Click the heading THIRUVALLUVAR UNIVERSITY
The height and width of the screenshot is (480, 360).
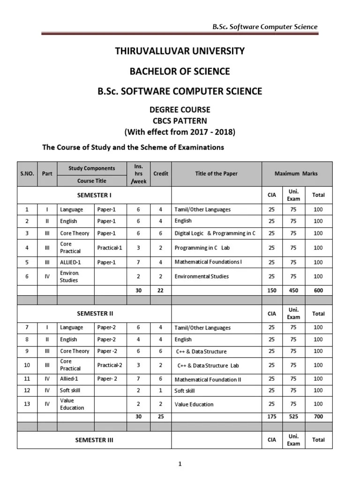pyautogui.click(x=180, y=51)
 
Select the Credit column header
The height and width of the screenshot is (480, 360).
pyautogui.click(x=161, y=173)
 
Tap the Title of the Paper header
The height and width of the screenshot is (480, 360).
pyautogui.click(x=216, y=173)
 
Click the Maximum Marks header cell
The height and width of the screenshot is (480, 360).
pyautogui.click(x=296, y=173)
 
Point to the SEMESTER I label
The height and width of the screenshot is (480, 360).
pyautogui.click(x=94, y=195)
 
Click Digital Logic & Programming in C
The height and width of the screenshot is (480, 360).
pyautogui.click(x=215, y=233)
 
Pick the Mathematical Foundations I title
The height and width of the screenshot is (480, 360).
pyautogui.click(x=208, y=262)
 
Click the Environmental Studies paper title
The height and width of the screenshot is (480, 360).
pyautogui.click(x=202, y=277)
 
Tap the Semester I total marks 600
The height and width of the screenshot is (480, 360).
pyautogui.click(x=318, y=291)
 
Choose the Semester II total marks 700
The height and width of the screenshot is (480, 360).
pyautogui.click(x=318, y=416)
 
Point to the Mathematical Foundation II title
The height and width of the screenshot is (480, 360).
pyautogui.click(x=208, y=380)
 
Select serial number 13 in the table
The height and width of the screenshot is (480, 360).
pyautogui.click(x=27, y=404)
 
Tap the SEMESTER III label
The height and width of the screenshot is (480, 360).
pyautogui.click(x=94, y=440)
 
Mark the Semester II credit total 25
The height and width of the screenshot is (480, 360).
pyautogui.click(x=161, y=416)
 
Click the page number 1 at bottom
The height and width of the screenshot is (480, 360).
pyautogui.click(x=180, y=464)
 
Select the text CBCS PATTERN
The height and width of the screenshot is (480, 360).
pyautogui.click(x=180, y=120)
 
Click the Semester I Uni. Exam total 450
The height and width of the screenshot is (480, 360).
pyautogui.click(x=293, y=291)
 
